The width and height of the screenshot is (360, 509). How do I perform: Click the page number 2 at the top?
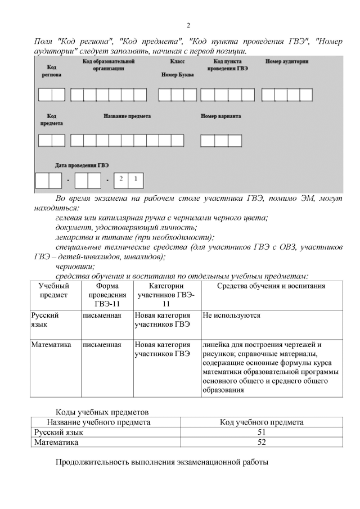pos(188,25)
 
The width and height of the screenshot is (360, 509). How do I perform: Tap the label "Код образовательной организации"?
pos(109,65)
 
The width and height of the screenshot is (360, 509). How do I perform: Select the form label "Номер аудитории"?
pos(287,61)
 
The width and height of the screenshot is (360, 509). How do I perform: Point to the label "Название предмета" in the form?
pos(127,116)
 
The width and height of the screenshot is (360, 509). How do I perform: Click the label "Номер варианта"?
pos(221,116)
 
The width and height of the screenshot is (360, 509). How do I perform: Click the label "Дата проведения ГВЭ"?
pos(82,165)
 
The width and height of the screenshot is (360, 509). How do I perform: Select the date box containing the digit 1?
pos(135,180)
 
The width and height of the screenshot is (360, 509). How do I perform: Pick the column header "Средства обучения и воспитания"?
pos(263,286)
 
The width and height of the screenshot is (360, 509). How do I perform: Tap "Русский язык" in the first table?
pos(45,320)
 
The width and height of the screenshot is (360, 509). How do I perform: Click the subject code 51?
pos(261,433)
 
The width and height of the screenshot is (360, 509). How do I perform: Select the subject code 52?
pos(261,442)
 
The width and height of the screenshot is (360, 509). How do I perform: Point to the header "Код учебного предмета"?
pos(261,422)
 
